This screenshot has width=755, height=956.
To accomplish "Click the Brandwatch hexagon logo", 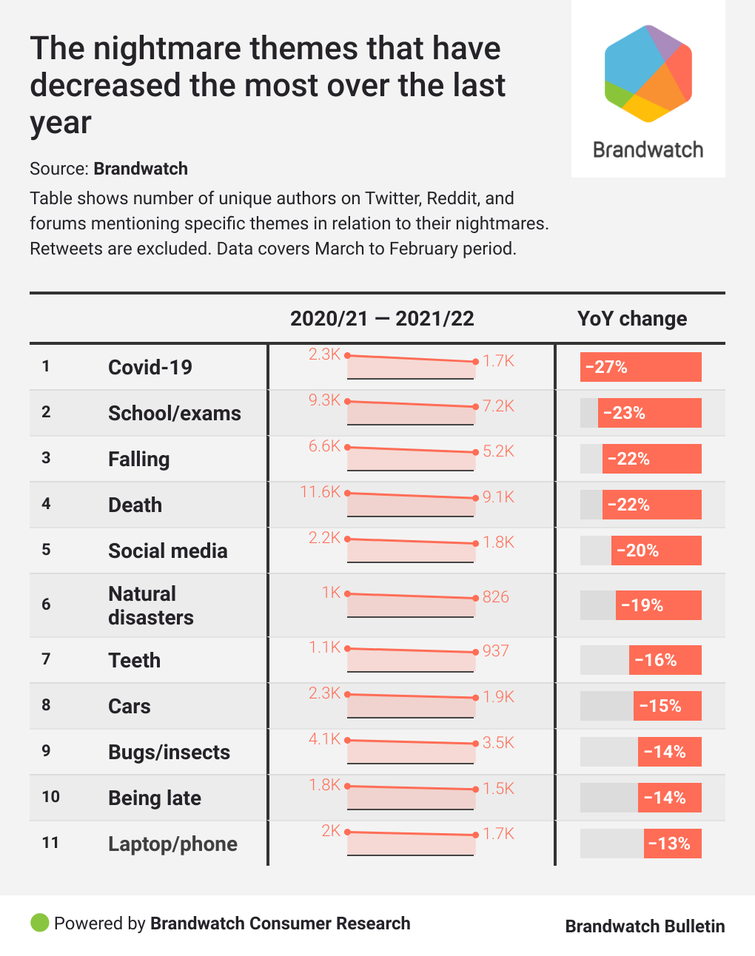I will [648, 73].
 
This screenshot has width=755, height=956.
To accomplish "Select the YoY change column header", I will [631, 319].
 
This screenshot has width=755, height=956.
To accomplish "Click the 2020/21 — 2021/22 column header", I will [382, 319].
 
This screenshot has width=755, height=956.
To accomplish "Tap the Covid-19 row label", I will [150, 367].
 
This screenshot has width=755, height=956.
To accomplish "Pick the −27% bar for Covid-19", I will [640, 367].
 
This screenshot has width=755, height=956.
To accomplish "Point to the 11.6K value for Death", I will [320, 491].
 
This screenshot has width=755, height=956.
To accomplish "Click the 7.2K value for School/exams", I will [498, 406].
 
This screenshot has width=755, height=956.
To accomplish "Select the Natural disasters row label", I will [150, 605].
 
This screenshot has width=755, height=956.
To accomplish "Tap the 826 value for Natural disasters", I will [496, 596].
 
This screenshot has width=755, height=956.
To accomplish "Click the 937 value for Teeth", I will [496, 650].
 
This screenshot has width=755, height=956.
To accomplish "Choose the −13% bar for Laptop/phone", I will [672, 844].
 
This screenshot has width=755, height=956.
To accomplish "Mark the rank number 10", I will [50, 797].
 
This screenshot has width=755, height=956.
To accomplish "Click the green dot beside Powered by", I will [39, 923].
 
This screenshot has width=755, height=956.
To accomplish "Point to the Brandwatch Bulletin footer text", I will [645, 926].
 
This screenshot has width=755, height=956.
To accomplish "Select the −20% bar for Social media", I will [656, 551].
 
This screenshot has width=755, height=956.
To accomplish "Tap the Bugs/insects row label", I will [169, 752].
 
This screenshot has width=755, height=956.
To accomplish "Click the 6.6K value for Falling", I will [324, 445].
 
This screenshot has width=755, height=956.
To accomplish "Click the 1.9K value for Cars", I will [498, 696].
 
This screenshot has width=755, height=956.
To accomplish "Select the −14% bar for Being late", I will [669, 798].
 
